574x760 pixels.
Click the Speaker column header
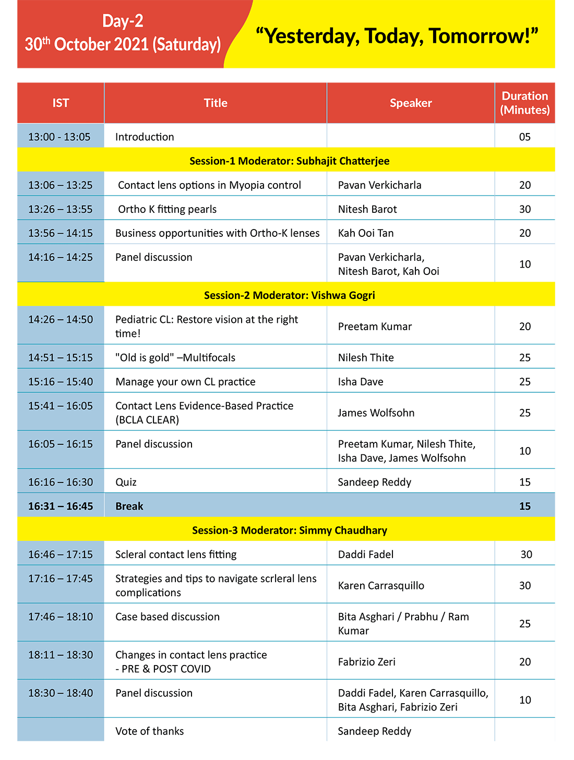tap(411, 103)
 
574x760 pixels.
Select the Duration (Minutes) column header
tap(524, 103)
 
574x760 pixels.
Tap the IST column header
tap(61, 103)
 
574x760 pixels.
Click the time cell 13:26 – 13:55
tap(61, 209)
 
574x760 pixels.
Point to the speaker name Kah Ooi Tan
tap(366, 233)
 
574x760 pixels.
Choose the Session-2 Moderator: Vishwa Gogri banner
tap(289, 295)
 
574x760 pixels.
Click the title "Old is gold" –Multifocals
tap(175, 358)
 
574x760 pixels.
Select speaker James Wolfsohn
tap(376, 413)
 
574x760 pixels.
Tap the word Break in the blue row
tap(129, 506)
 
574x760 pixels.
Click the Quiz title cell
tap(126, 482)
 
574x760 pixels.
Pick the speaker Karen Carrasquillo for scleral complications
tap(381, 586)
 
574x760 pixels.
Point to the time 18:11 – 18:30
tap(61, 655)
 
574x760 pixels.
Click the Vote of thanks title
tap(150, 731)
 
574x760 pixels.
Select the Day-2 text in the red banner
tap(123, 21)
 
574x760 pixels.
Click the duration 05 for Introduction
tap(524, 137)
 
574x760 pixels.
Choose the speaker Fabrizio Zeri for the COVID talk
tap(367, 662)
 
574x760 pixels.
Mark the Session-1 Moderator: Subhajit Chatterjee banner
tap(289, 161)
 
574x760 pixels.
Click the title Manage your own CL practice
tap(185, 382)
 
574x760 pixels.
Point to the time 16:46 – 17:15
tap(61, 554)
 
